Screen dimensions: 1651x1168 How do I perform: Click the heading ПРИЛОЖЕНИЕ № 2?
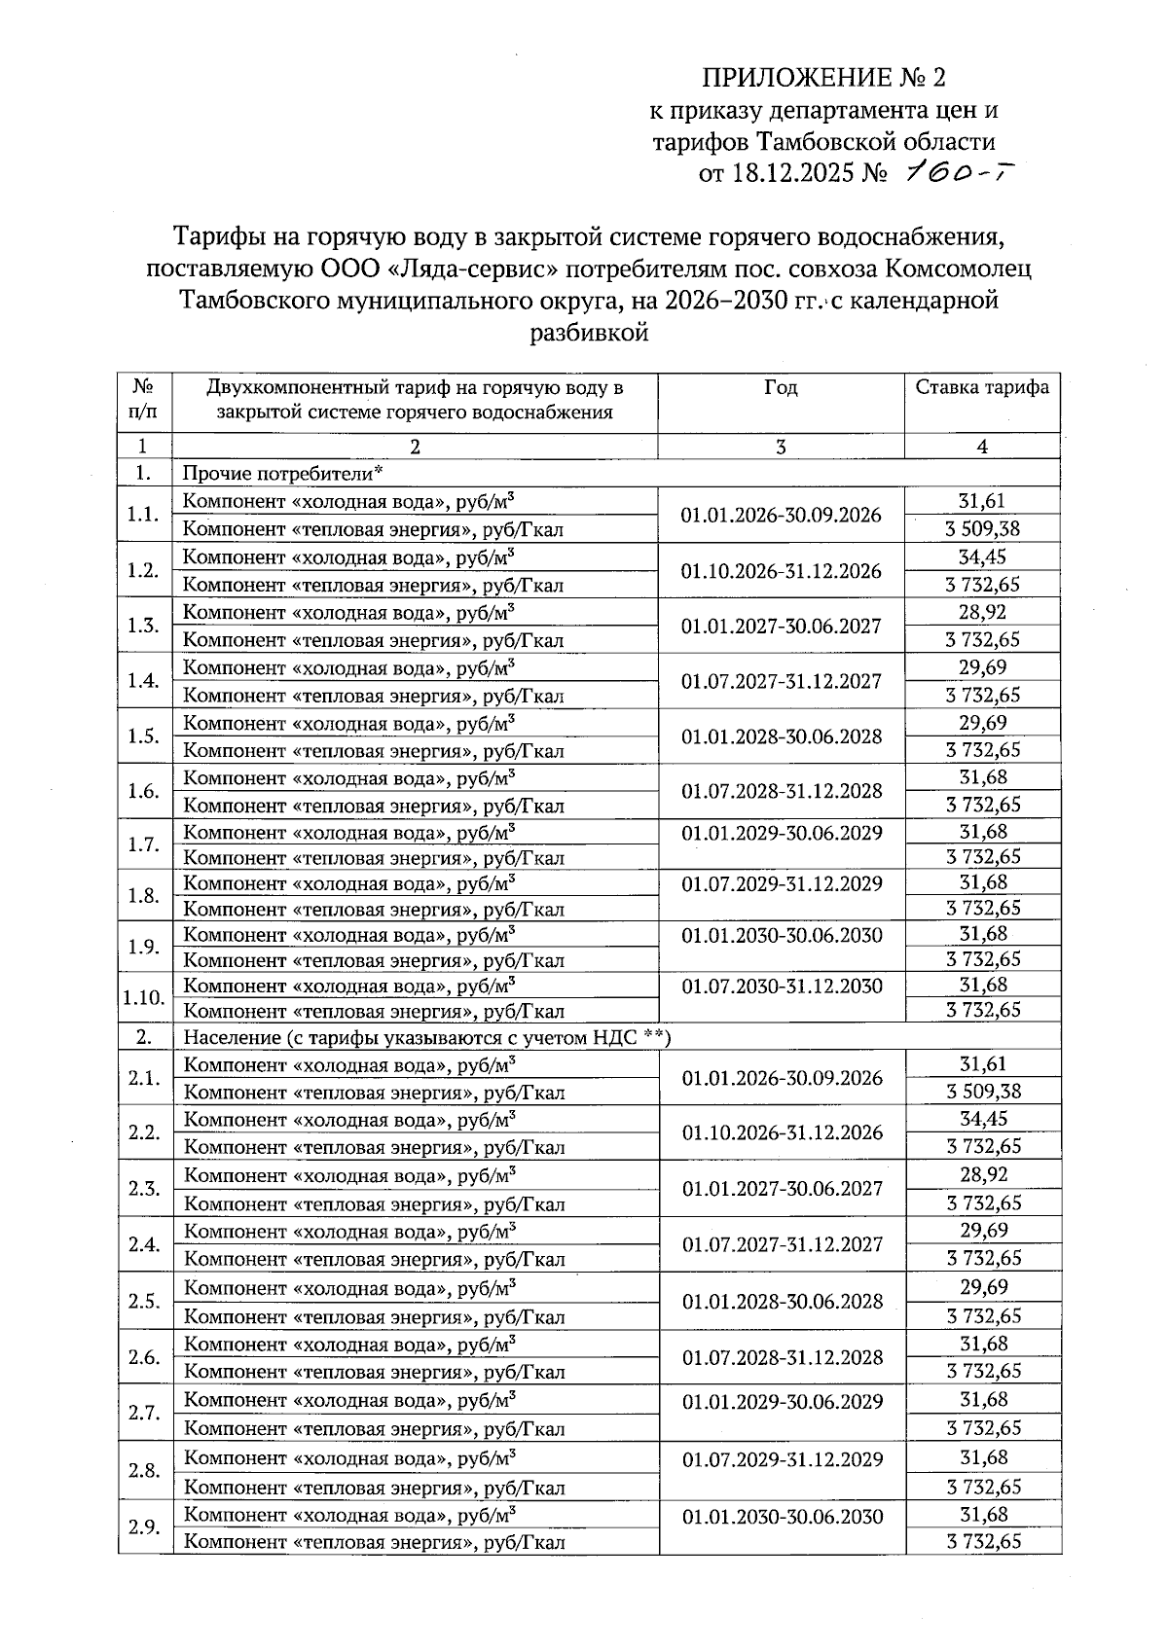point(823,78)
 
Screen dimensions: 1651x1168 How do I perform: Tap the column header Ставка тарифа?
point(982,387)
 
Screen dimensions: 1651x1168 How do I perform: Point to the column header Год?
point(781,387)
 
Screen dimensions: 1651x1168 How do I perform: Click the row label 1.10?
point(144,998)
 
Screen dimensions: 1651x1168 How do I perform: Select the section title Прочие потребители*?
point(282,474)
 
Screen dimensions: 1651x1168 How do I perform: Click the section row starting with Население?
point(427,1037)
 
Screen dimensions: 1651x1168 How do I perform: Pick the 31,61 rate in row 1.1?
point(982,502)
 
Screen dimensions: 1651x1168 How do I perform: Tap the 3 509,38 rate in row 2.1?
point(983,1092)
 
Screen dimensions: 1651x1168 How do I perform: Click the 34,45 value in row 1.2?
point(982,557)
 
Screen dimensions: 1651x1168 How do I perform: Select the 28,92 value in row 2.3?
point(983,1175)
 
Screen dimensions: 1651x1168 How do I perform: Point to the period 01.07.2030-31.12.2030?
point(782,987)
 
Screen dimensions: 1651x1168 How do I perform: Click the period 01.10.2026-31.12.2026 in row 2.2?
point(782,1133)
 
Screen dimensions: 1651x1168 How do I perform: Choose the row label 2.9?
point(144,1527)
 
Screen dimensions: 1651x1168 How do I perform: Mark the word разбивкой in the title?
point(588,334)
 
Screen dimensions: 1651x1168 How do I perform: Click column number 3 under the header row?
point(781,447)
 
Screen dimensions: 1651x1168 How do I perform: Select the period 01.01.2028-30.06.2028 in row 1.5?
point(782,736)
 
